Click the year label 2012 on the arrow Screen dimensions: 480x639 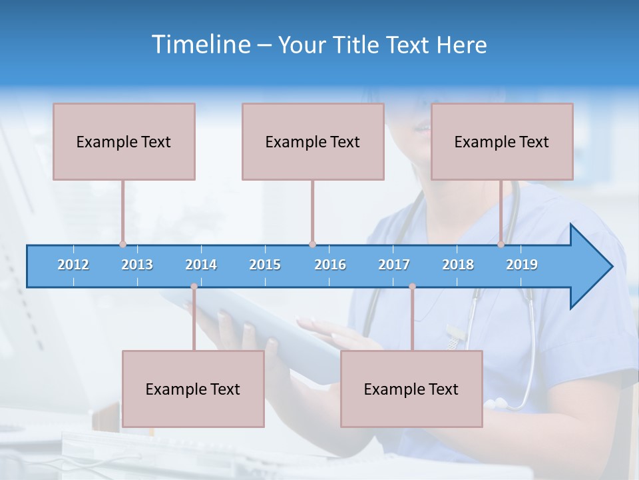[73, 265]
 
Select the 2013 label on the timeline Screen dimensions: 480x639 [137, 265]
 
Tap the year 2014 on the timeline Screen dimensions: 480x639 [201, 265]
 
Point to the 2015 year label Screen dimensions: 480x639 [265, 265]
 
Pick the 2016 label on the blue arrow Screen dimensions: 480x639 [330, 265]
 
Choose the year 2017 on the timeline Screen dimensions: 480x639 [394, 265]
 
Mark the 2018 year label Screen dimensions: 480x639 [458, 265]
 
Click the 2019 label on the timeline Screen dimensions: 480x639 [522, 265]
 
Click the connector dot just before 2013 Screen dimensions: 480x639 [122, 244]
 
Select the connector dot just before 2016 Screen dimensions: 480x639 [312, 244]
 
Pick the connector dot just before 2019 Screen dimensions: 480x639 [501, 244]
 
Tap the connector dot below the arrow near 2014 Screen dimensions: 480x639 [194, 287]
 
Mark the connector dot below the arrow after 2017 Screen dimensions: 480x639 [412, 287]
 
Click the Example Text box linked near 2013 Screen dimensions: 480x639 [124, 141]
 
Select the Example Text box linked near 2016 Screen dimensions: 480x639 [313, 141]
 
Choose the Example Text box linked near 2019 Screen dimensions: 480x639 [502, 141]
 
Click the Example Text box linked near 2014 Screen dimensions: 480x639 [193, 389]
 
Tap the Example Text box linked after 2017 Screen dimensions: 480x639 [411, 389]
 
